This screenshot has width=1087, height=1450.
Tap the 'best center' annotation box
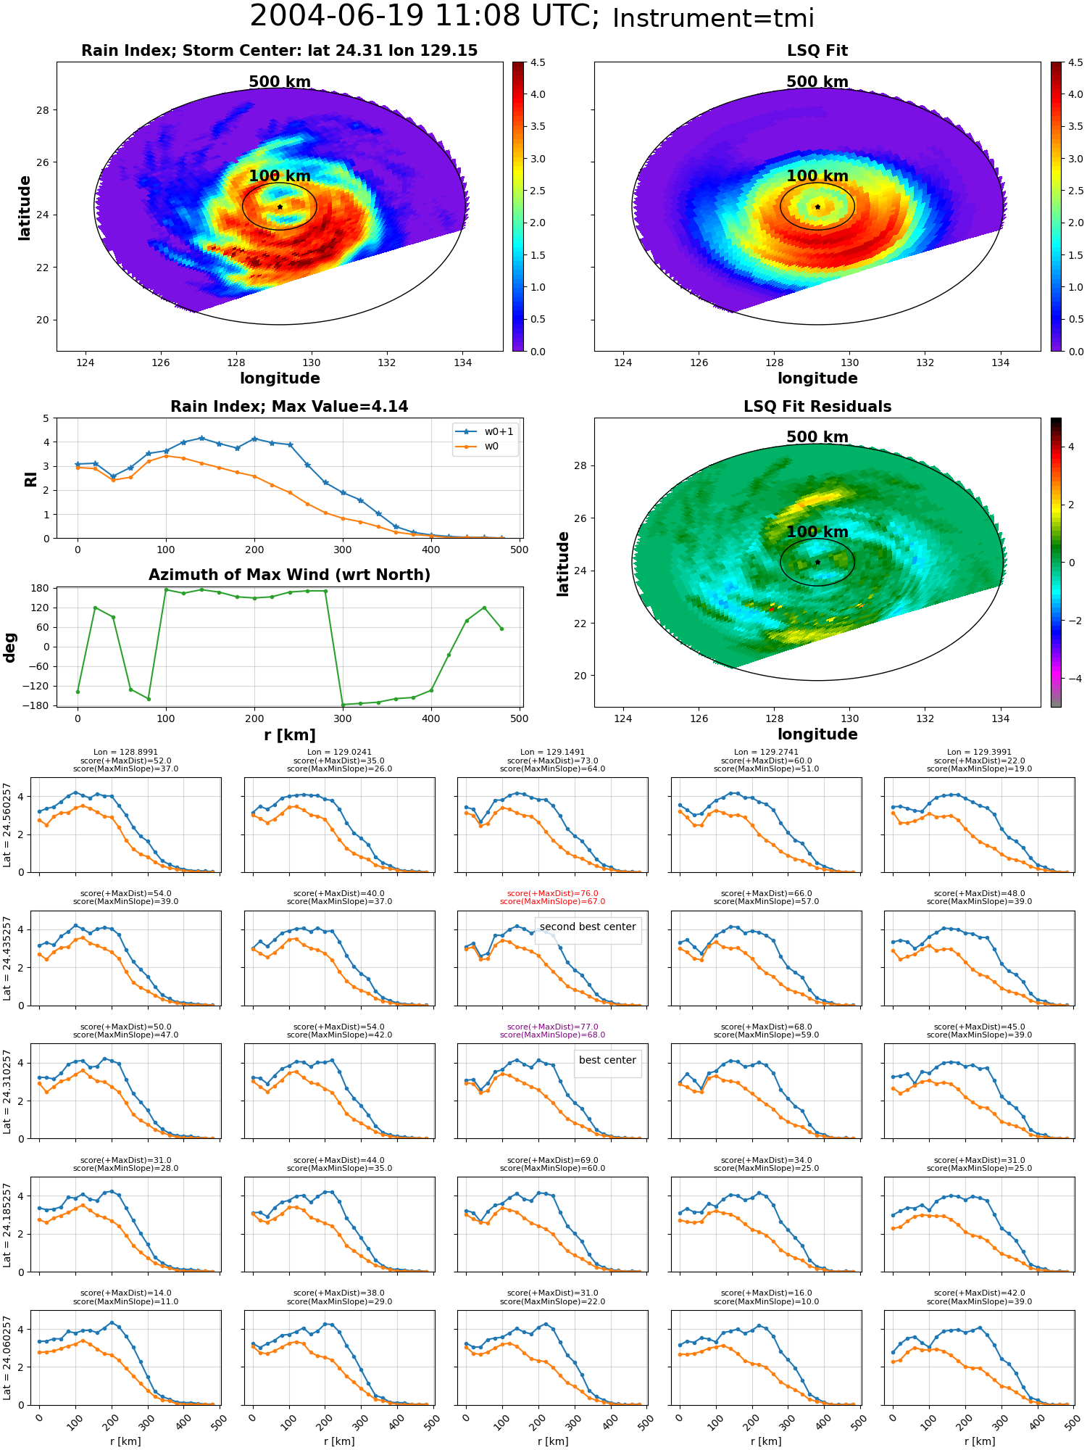607,1060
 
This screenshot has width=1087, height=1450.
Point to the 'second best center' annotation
588,927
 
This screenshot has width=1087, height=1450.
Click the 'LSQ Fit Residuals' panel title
817,407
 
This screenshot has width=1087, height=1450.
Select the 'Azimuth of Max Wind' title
289,575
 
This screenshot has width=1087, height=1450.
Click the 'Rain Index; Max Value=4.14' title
289,407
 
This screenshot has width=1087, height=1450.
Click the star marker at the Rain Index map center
280,207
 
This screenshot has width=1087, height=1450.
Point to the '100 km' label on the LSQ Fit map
817,176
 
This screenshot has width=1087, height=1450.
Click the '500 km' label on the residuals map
817,437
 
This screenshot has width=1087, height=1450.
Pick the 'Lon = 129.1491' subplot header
552,753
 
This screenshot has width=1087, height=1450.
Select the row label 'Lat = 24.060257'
7,1358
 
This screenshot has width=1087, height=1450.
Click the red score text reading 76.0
552,894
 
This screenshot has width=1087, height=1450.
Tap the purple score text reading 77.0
552,1027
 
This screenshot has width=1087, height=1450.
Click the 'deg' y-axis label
10,647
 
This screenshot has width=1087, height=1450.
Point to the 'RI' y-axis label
30,479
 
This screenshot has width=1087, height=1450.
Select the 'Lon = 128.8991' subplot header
125,753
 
